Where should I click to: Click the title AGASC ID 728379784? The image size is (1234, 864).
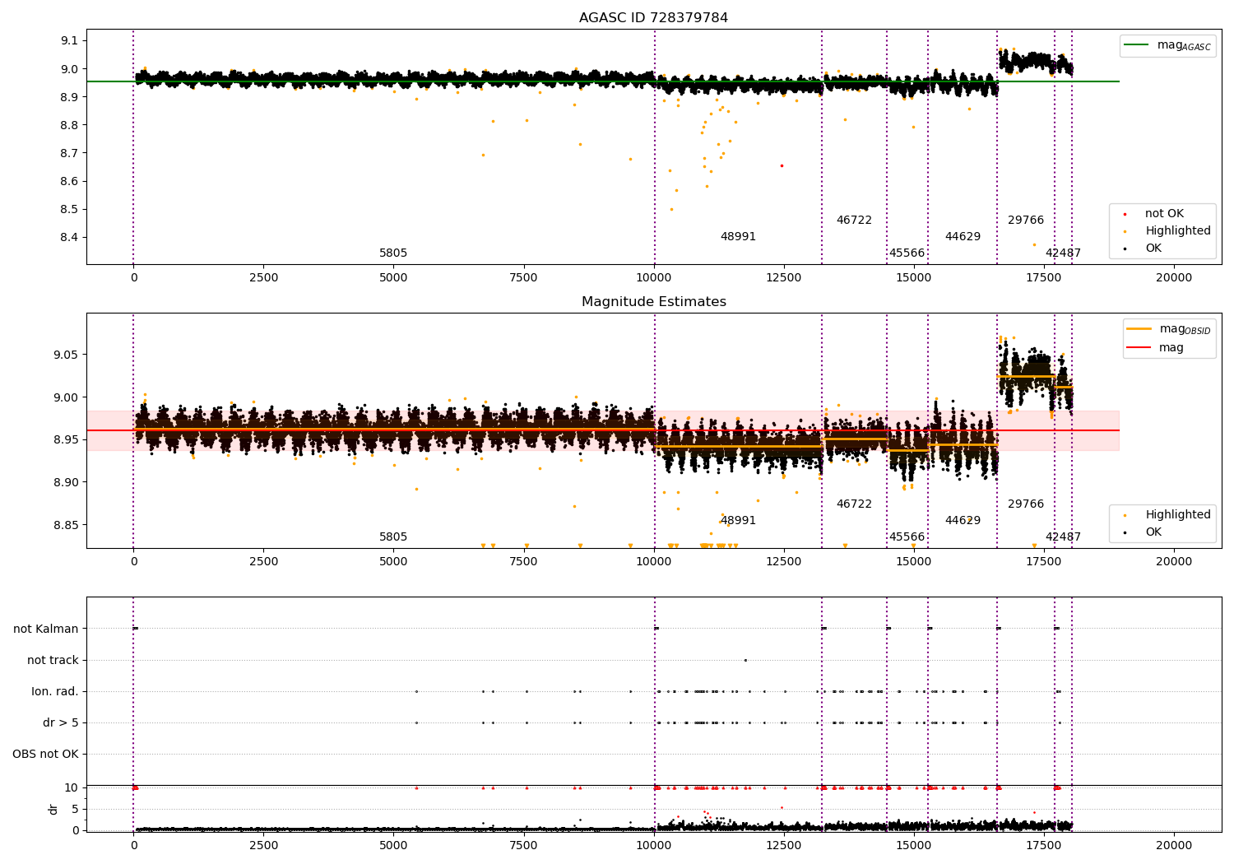pos(653,18)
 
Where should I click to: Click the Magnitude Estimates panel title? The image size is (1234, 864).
pos(653,302)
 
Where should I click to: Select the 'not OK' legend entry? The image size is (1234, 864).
pos(1164,214)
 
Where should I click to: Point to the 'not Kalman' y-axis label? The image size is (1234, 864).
pos(46,629)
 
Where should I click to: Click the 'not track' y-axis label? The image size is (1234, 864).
pos(53,660)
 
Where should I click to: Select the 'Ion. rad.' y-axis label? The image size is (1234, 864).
pos(55,691)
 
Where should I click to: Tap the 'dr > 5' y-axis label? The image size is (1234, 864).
pos(61,722)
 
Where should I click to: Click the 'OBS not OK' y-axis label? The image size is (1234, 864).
pos(46,754)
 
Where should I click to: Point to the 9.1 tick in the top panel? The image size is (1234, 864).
pos(69,41)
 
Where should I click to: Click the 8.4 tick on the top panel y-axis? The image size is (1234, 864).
pos(69,238)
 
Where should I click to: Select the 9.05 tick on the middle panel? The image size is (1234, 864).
pos(66,355)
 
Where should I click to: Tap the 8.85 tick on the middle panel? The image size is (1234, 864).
pos(66,525)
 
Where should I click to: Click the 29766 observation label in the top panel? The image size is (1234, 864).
pos(1026,221)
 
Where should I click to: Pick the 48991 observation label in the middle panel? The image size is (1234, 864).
pos(738,521)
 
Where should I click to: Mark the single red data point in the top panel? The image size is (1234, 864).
pos(782,165)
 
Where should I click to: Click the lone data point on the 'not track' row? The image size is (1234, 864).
pos(745,660)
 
